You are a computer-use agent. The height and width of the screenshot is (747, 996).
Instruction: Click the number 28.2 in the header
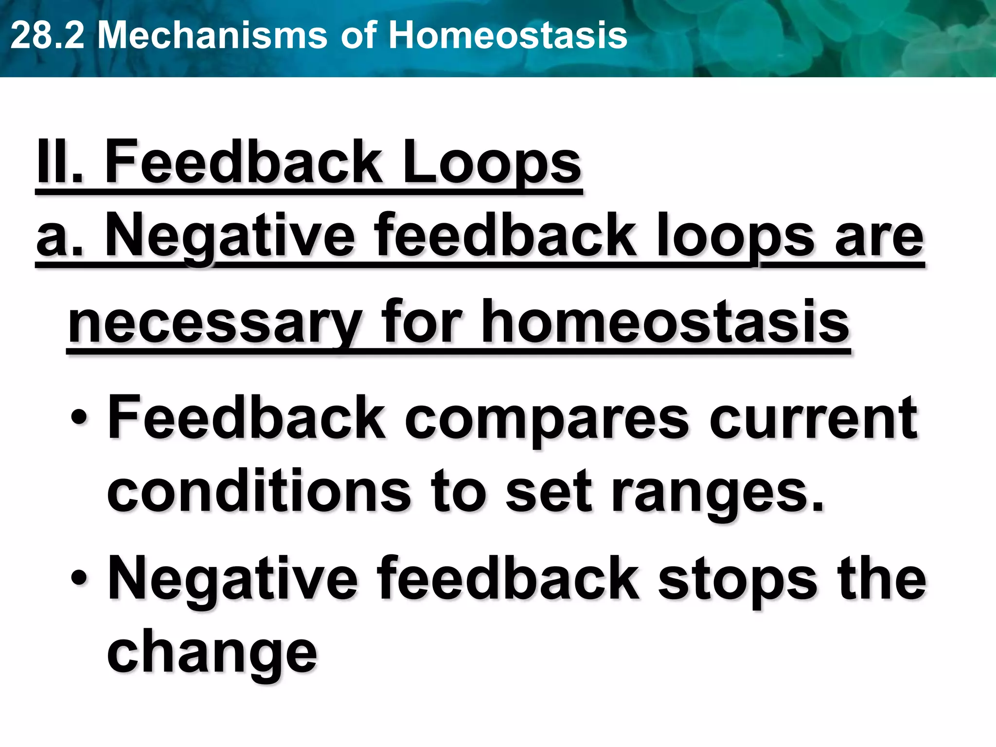coord(47,36)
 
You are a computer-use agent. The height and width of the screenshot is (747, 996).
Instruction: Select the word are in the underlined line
coord(879,237)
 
